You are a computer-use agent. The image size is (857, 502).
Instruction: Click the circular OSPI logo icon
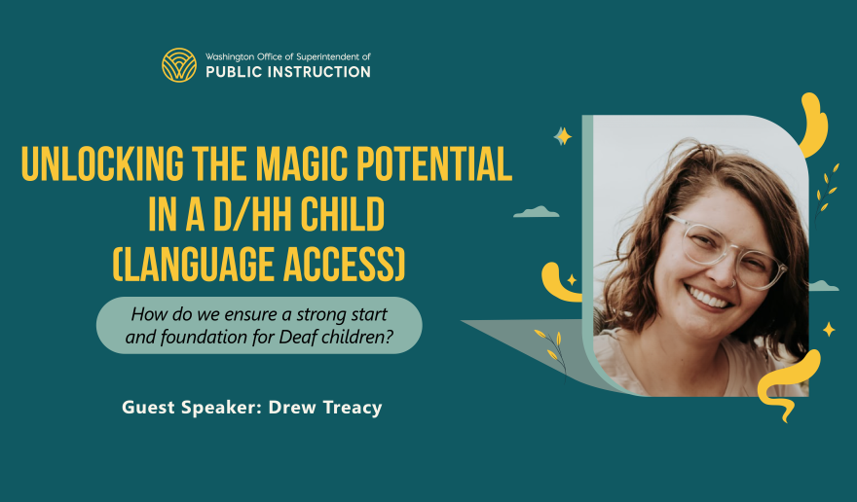[x=179, y=64]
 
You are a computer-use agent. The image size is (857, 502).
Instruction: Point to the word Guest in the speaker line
[x=147, y=408]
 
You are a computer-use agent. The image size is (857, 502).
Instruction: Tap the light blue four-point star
[x=562, y=136]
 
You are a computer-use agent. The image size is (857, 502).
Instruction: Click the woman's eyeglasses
[x=725, y=247]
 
